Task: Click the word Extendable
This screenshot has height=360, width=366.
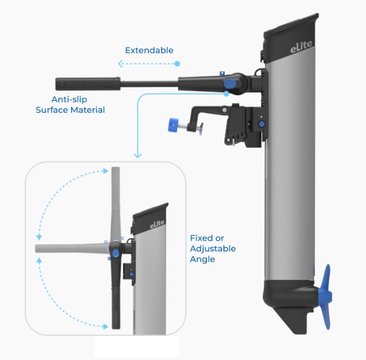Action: (149, 50)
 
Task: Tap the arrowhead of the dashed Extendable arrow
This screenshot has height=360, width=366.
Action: (121, 63)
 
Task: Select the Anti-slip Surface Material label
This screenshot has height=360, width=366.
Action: (70, 104)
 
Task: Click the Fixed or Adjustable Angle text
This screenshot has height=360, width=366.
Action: (212, 248)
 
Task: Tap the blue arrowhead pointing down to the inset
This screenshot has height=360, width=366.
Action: (137, 156)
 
